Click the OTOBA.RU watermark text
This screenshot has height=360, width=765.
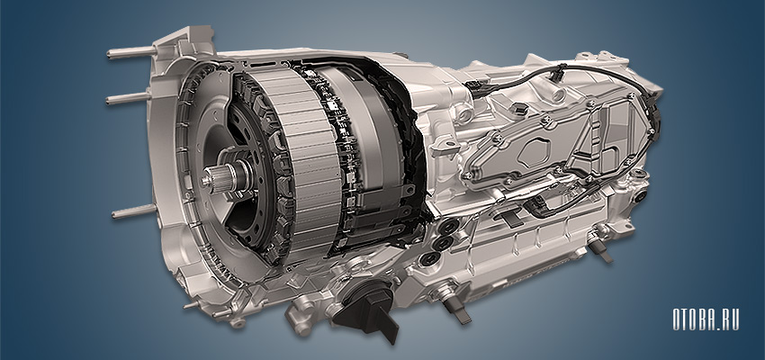tap(706, 319)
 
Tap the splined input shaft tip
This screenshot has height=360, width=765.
tap(211, 176)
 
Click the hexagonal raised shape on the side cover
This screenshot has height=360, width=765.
tap(534, 152)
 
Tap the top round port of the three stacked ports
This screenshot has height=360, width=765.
tap(448, 226)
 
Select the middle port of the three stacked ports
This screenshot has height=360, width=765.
tap(442, 242)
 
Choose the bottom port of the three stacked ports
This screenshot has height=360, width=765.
tap(429, 258)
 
